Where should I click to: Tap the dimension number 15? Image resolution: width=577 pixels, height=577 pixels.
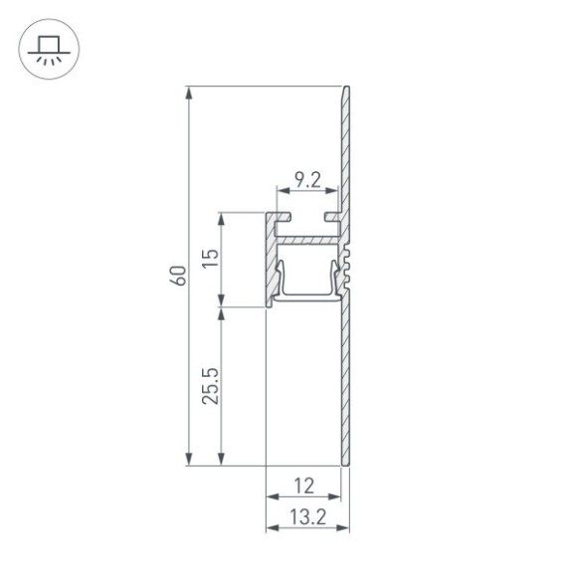tap(209, 260)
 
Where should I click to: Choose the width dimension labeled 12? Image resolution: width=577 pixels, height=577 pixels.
tap(304, 486)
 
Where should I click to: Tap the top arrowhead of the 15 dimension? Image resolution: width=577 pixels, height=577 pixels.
tap(222, 216)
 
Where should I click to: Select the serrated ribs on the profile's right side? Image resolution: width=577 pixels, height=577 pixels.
tap(350, 269)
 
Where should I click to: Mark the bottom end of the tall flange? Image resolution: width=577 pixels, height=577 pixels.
tap(345, 462)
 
